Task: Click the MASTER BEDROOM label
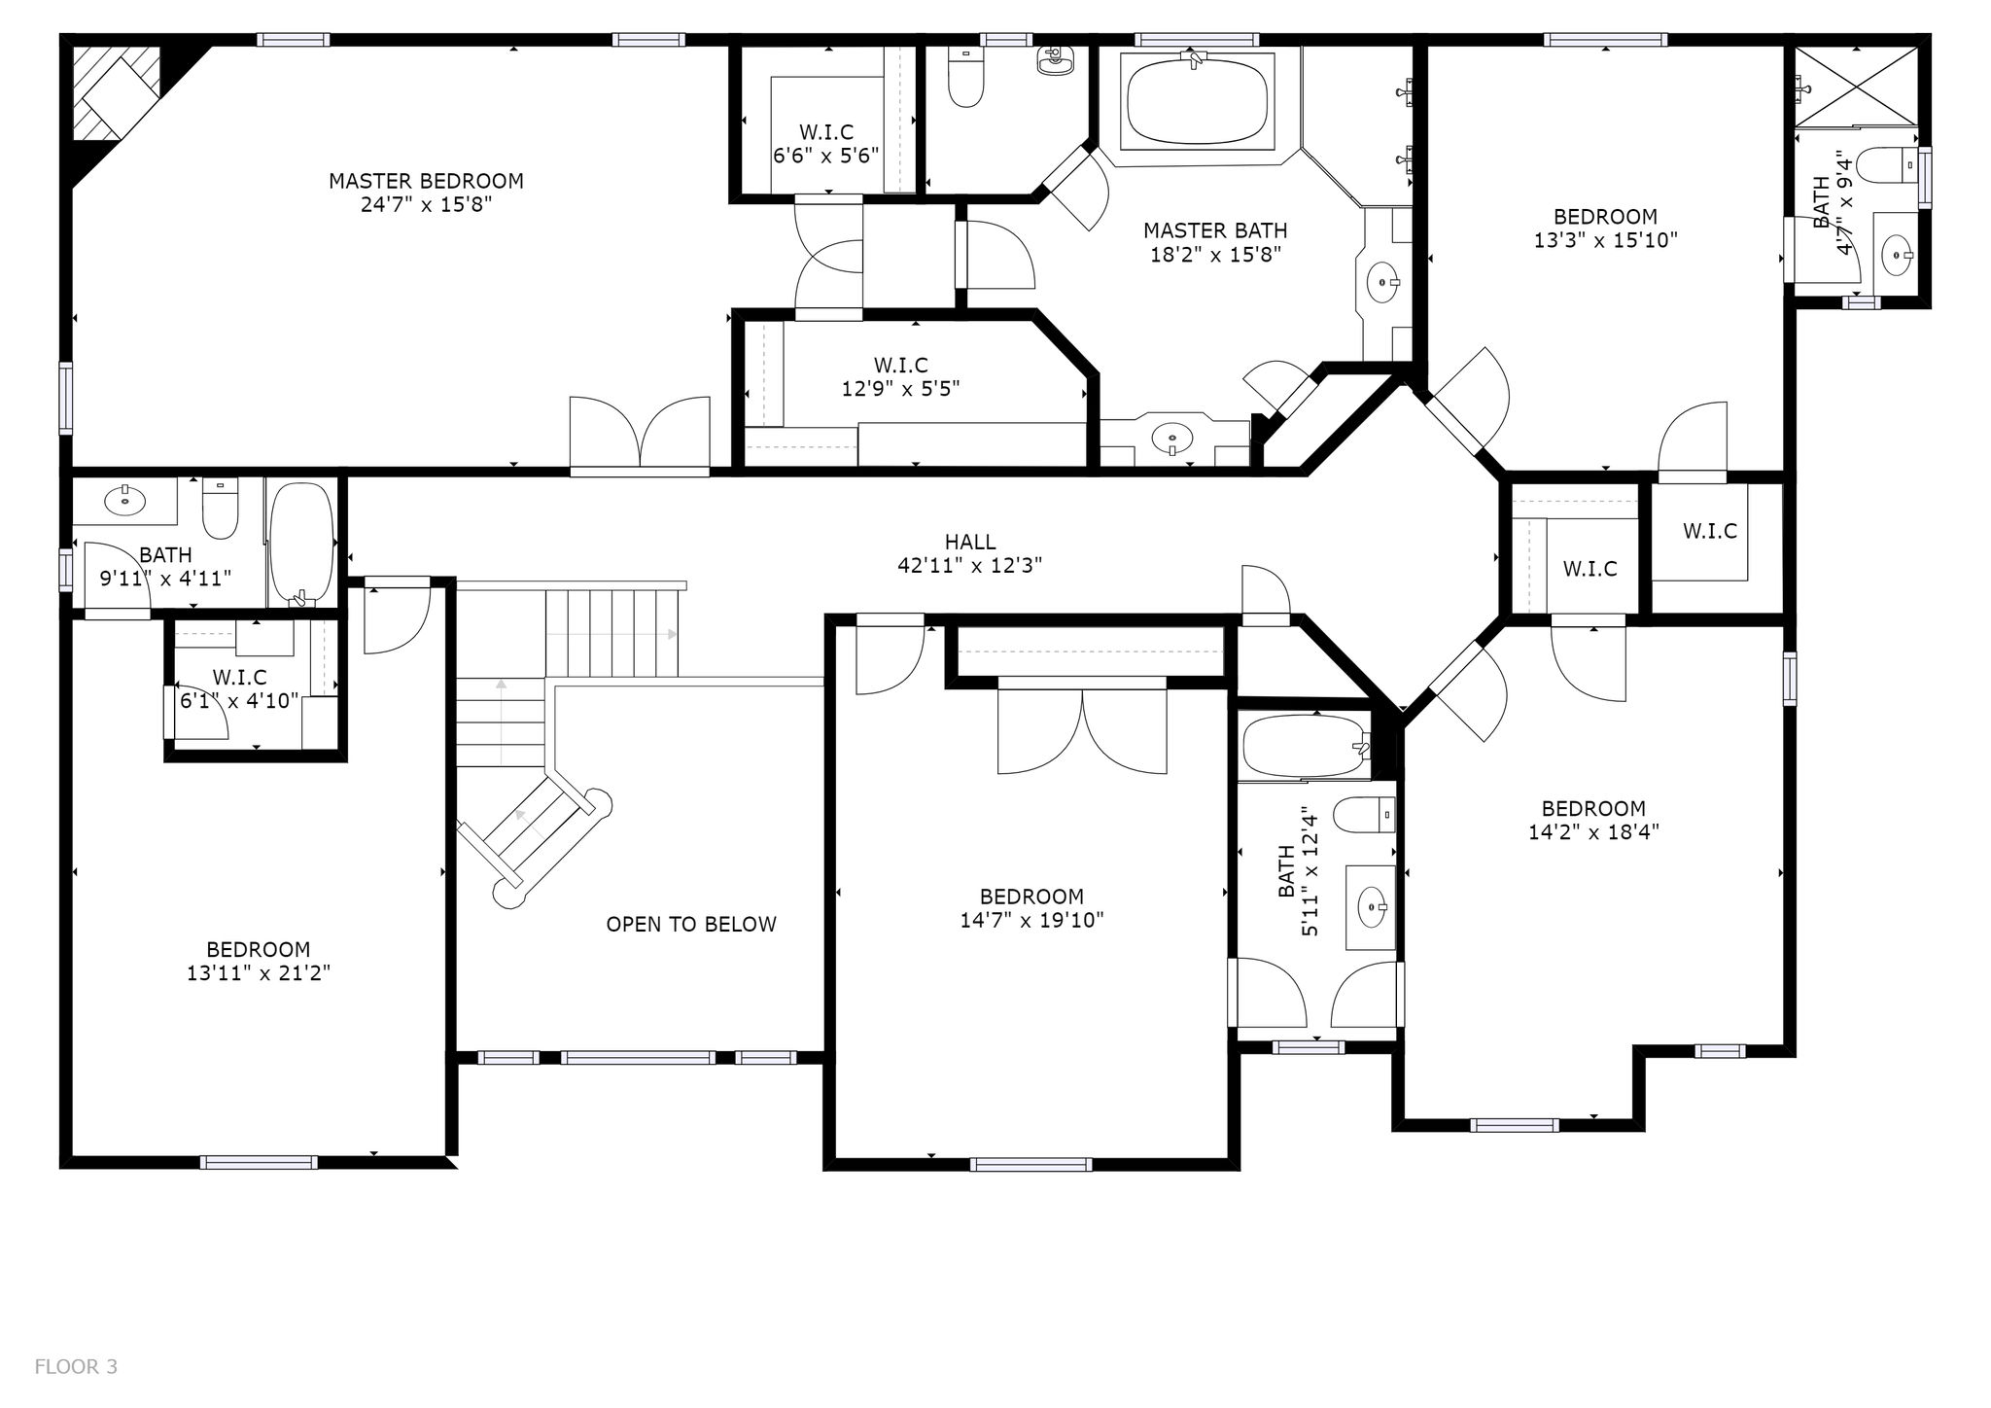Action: pyautogui.click(x=426, y=181)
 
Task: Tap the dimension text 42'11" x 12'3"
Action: pyautogui.click(x=970, y=566)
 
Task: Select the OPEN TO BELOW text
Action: pyautogui.click(x=691, y=925)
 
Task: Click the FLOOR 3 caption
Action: pyautogui.click(x=76, y=1367)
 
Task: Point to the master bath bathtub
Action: pyautogui.click(x=1198, y=103)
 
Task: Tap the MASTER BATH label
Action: pyautogui.click(x=1215, y=231)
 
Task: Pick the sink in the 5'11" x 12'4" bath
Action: pyautogui.click(x=1372, y=907)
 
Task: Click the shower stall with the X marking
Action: pyautogui.click(x=1856, y=87)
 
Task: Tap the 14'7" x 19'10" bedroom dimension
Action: pyautogui.click(x=1032, y=921)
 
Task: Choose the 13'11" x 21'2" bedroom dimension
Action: pyautogui.click(x=259, y=973)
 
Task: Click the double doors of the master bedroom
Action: pyautogui.click(x=640, y=435)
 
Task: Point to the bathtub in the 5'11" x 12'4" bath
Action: pyautogui.click(x=1305, y=747)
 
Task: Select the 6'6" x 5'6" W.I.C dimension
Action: pyautogui.click(x=826, y=156)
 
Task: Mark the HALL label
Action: pyautogui.click(x=970, y=543)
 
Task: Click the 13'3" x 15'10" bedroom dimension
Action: pyautogui.click(x=1606, y=240)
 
